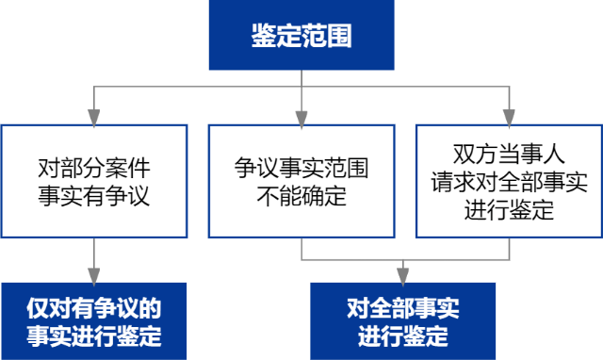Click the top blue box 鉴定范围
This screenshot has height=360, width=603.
click(x=301, y=36)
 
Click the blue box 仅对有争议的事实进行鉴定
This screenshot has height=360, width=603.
click(x=93, y=320)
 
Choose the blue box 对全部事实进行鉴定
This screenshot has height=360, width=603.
click(x=403, y=320)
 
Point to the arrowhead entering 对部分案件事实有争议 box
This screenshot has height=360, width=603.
click(x=93, y=118)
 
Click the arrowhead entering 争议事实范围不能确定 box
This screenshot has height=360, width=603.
click(x=301, y=118)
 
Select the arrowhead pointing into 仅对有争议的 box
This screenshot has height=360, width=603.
click(x=93, y=275)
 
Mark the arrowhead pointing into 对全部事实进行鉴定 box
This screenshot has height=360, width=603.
click(x=403, y=275)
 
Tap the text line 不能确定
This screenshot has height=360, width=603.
click(x=301, y=196)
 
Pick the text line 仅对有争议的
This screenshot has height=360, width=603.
click(x=93, y=307)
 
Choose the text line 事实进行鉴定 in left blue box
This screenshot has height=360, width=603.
click(x=93, y=335)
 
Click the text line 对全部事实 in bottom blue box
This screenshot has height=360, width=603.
click(x=403, y=307)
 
